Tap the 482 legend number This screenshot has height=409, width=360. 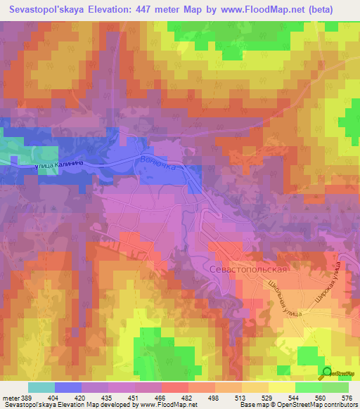[x=187, y=398]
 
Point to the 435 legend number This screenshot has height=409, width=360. [x=107, y=398]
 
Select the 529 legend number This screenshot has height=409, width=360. [x=268, y=398]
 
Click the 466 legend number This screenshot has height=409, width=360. [x=161, y=398]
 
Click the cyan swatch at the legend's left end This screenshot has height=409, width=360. [x=41, y=387]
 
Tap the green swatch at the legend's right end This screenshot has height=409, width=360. [x=335, y=387]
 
